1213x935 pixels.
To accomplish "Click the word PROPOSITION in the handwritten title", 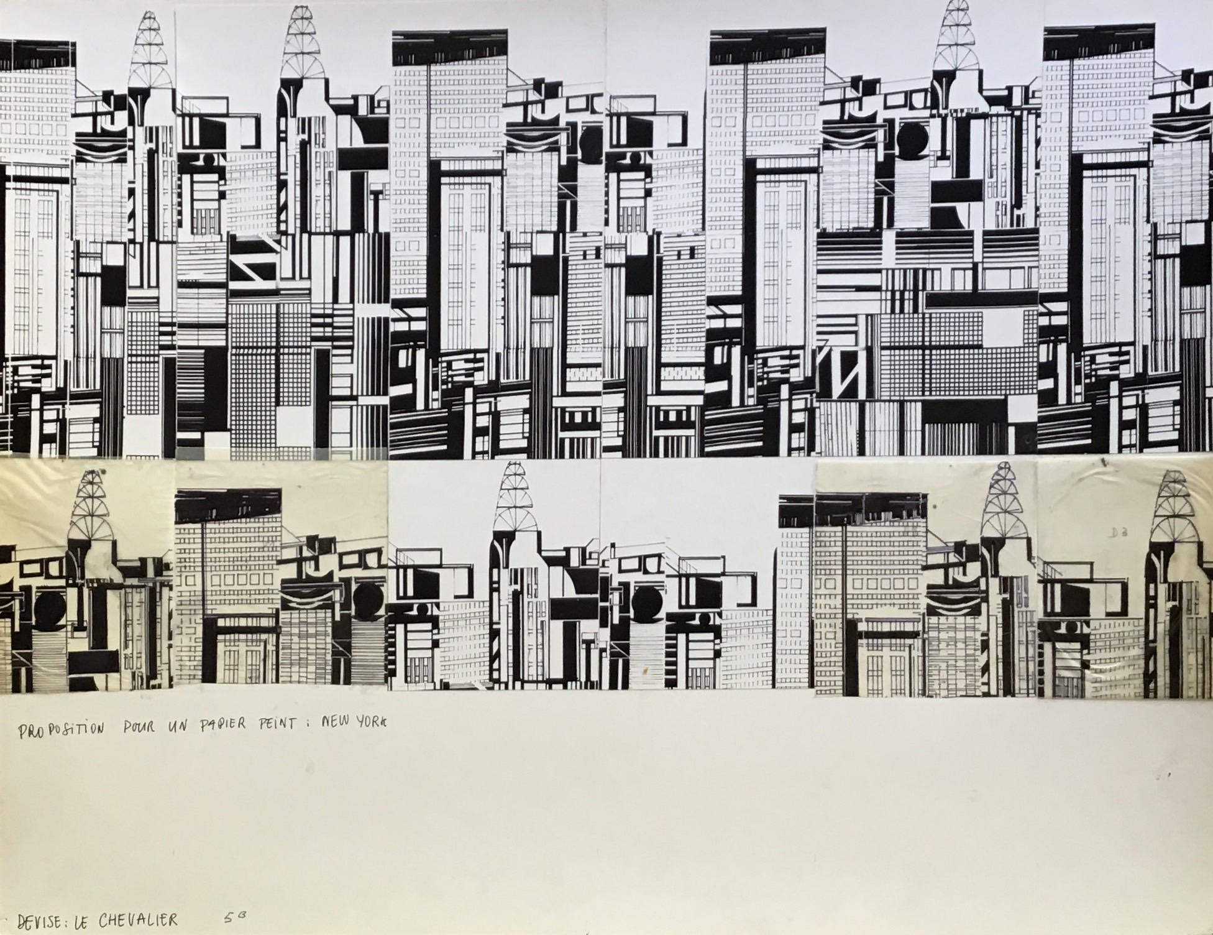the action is tap(60, 730).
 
